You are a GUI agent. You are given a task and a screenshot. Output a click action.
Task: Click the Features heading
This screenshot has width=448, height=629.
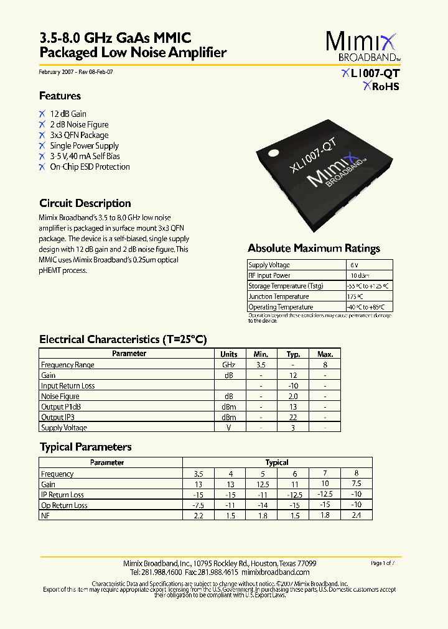click(x=60, y=96)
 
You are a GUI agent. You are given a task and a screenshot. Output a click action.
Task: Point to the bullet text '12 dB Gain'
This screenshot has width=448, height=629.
click(x=68, y=114)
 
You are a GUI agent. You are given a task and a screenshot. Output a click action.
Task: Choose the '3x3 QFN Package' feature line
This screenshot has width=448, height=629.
click(x=79, y=135)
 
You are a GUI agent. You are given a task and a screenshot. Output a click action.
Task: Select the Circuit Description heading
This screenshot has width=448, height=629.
click(x=85, y=203)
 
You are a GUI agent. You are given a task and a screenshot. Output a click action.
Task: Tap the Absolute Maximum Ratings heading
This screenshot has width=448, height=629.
click(x=314, y=249)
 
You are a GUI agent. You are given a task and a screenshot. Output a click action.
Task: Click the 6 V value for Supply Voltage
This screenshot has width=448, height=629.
click(x=354, y=265)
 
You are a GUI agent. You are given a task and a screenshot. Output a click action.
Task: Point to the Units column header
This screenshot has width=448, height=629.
click(x=229, y=354)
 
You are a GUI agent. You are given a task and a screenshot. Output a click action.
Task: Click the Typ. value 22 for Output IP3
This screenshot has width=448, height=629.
click(x=293, y=417)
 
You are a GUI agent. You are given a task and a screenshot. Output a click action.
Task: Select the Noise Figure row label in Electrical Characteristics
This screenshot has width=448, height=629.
click(x=60, y=396)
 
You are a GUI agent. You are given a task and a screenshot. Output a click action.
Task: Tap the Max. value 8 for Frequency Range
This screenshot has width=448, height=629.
click(x=325, y=365)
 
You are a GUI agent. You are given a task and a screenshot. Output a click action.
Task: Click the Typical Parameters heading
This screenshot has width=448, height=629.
click(x=85, y=447)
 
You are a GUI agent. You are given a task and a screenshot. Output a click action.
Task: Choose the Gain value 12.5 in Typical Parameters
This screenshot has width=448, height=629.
click(x=262, y=484)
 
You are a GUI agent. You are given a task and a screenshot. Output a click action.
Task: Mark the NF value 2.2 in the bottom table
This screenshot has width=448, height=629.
click(x=198, y=515)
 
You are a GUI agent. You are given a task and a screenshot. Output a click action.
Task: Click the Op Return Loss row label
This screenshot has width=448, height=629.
click(x=64, y=505)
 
